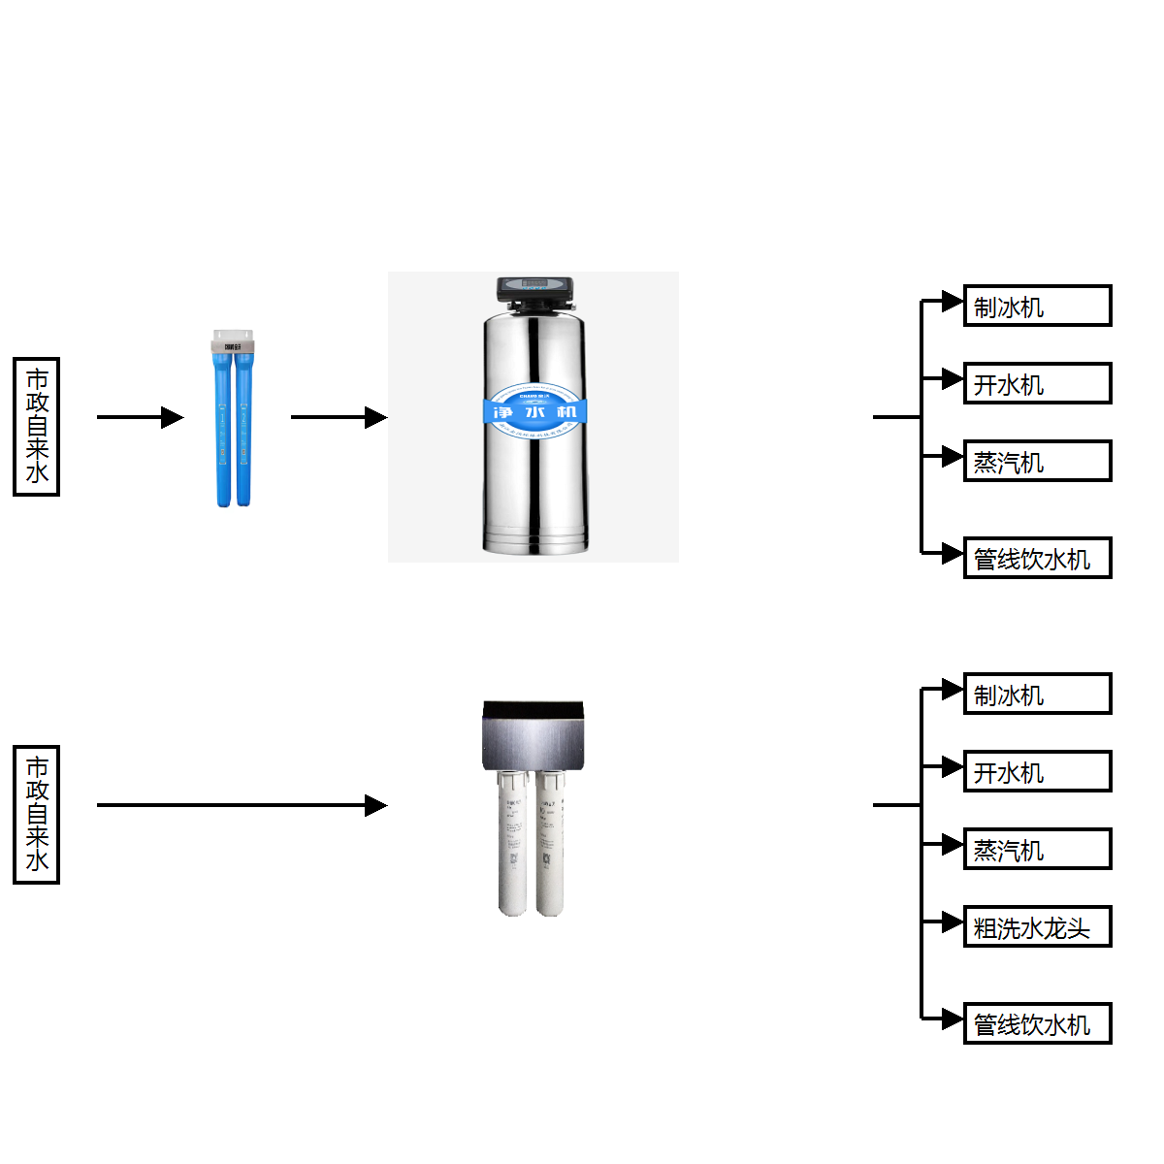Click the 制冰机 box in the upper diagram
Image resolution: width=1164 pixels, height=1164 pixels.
click(1037, 306)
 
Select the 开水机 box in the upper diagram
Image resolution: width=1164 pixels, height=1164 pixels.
click(1037, 383)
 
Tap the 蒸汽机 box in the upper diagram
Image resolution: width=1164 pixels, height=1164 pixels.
click(1037, 461)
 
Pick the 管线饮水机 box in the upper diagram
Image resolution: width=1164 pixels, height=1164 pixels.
click(1037, 558)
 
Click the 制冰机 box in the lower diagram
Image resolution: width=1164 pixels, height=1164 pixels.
click(1037, 694)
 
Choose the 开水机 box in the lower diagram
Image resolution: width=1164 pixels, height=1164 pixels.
click(1037, 771)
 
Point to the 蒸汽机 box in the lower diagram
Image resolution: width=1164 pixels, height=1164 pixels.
click(1037, 849)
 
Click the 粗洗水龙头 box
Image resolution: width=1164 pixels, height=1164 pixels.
click(1037, 926)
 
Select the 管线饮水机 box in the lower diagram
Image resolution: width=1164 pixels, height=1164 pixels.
click(1037, 1023)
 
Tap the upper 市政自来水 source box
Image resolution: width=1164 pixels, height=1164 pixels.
click(36, 427)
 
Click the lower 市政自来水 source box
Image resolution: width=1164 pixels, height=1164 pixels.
click(36, 815)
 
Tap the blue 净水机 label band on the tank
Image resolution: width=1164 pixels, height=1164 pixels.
click(534, 411)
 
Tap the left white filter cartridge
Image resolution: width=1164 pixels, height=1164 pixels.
click(512, 844)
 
